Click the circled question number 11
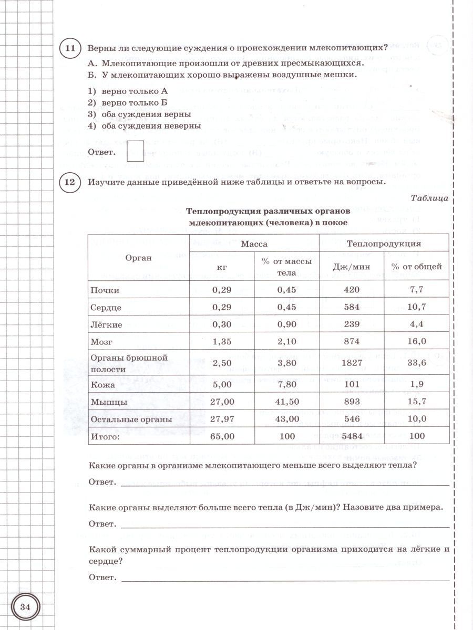(x=70, y=49)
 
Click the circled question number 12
(x=70, y=182)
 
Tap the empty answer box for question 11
(x=136, y=152)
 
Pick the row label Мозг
(x=100, y=342)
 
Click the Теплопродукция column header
(x=384, y=244)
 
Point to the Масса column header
(x=254, y=244)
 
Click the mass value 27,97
(x=222, y=419)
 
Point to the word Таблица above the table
(x=429, y=198)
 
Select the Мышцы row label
(x=109, y=402)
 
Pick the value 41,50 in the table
(x=286, y=402)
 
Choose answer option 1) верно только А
(x=131, y=91)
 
